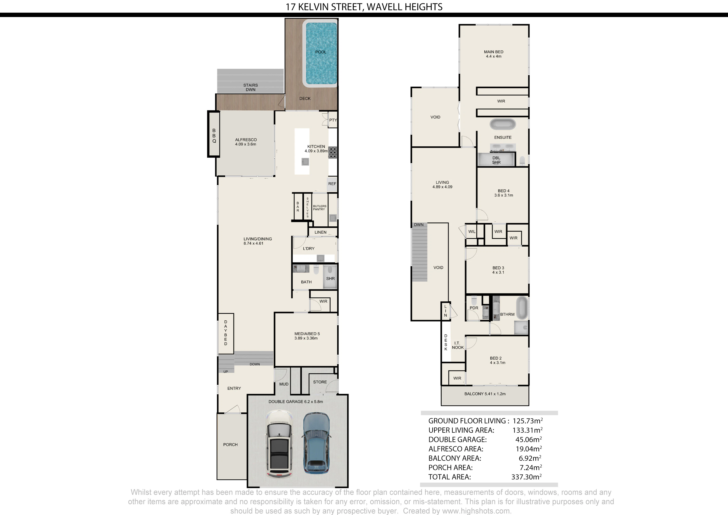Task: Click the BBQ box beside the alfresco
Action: click(x=214, y=134)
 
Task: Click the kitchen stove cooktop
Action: click(x=333, y=152)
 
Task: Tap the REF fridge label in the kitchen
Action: click(x=332, y=184)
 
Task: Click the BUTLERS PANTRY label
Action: click(x=319, y=207)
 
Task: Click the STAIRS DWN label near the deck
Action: click(x=250, y=87)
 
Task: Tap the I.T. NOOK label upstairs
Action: click(x=458, y=345)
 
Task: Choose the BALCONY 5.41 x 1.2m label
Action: click(x=485, y=394)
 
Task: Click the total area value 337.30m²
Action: click(x=526, y=477)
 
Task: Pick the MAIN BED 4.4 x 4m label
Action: click(x=494, y=54)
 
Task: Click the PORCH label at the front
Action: click(x=230, y=445)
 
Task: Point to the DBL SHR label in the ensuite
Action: click(x=496, y=160)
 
